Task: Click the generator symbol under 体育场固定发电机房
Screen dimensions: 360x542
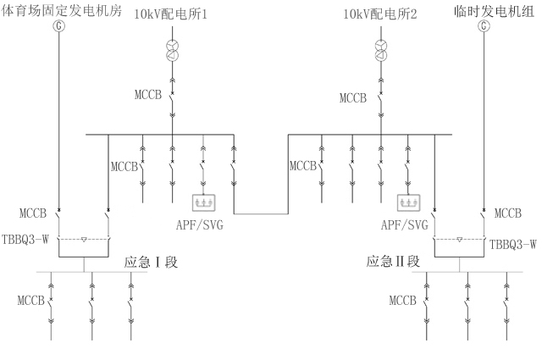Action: [x=58, y=26]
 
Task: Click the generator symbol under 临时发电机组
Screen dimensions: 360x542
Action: [x=484, y=26]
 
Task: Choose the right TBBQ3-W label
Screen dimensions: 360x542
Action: [x=513, y=245]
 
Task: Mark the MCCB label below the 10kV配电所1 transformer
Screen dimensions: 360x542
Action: [x=147, y=99]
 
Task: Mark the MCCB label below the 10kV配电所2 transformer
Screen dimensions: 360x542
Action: [x=354, y=99]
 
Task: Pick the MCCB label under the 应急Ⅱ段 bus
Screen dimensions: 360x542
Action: [x=403, y=301]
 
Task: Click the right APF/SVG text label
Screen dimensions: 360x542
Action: [x=405, y=224]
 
